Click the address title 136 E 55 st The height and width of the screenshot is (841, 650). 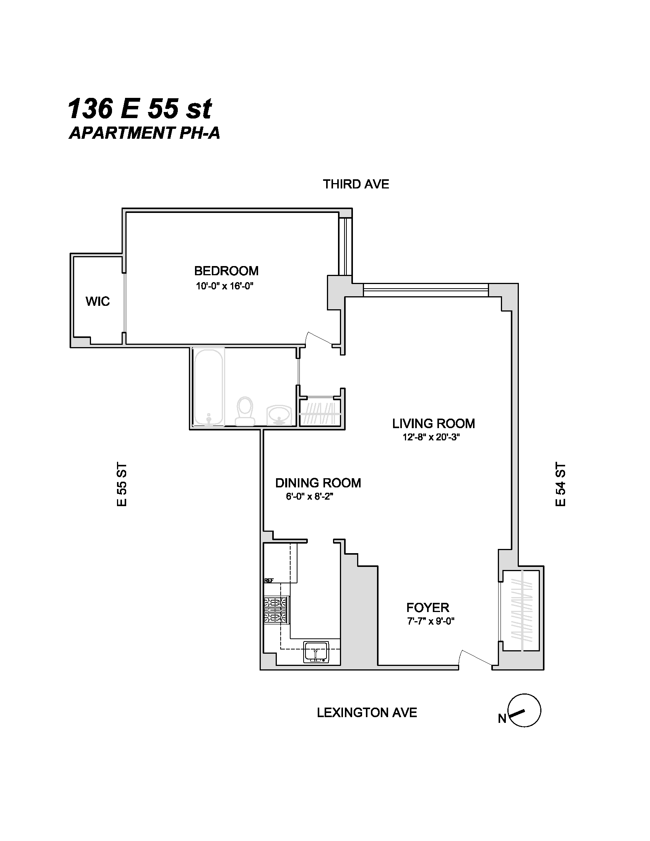click(140, 109)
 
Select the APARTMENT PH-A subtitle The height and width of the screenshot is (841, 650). click(145, 133)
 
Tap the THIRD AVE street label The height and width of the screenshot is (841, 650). click(356, 185)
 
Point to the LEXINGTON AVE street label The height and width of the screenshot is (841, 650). click(367, 713)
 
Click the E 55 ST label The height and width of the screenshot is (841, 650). click(122, 484)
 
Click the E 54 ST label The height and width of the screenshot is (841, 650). click(561, 484)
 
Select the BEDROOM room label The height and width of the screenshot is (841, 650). click(226, 271)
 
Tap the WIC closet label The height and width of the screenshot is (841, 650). click(97, 301)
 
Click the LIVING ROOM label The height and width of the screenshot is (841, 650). click(433, 424)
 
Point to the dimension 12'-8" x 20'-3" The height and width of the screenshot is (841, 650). click(431, 437)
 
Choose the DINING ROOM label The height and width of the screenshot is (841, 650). click(318, 483)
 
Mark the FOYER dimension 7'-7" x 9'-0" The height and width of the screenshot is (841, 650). click(431, 621)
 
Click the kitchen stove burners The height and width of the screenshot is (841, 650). click(276, 610)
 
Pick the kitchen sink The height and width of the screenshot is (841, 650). click(316, 652)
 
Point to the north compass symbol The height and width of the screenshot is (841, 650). click(525, 711)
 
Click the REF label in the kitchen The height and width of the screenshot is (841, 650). click(268, 581)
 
